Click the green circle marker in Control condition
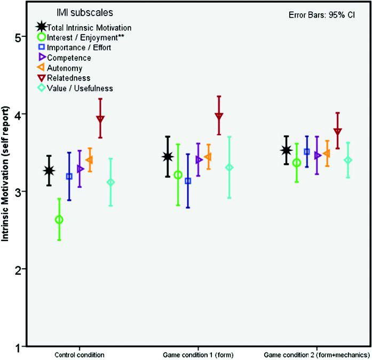(59, 220)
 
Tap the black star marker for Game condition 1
(168, 156)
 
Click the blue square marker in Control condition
(69, 177)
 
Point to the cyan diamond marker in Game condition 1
(229, 167)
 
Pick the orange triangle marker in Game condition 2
(327, 154)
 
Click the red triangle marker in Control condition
(100, 119)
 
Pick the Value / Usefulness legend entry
(80, 88)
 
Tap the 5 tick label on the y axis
(17, 37)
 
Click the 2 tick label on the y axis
(17, 269)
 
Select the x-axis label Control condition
(79, 355)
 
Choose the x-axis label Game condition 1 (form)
(198, 355)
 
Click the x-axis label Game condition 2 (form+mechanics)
(317, 355)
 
